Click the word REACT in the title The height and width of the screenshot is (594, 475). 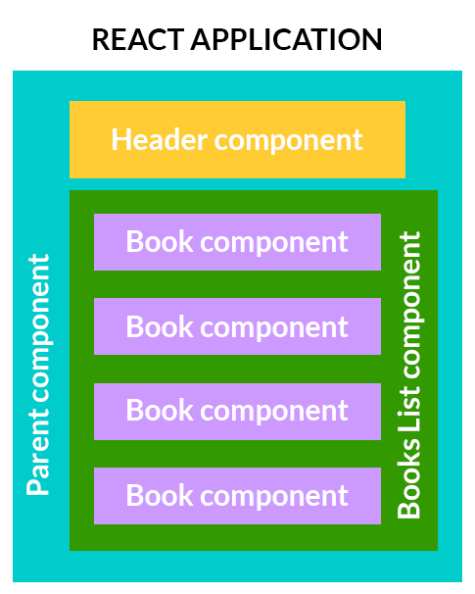[138, 39]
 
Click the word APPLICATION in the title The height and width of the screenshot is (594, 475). [287, 39]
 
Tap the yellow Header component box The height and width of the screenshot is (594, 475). [237, 139]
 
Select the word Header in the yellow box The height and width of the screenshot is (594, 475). [160, 139]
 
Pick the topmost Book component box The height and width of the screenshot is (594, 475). [237, 242]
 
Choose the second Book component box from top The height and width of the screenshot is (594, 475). [237, 326]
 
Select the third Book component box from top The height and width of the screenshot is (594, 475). [237, 412]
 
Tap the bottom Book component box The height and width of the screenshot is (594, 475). [237, 496]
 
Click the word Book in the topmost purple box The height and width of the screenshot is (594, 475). [160, 241]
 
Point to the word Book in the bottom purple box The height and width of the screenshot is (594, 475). [160, 495]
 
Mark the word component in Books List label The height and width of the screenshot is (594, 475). [411, 305]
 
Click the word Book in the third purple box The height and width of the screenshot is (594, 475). [160, 410]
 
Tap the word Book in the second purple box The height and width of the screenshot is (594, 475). [160, 325]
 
